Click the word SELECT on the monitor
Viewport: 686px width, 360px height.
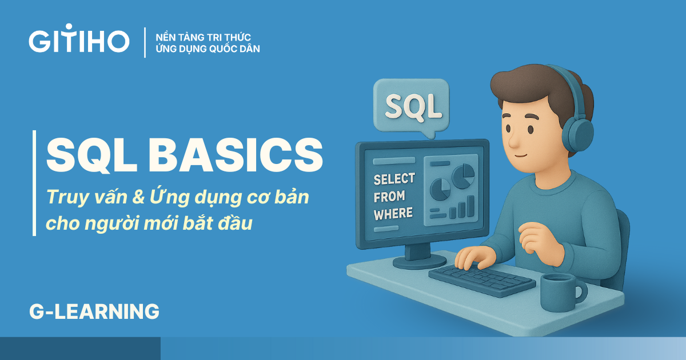tap(394, 180)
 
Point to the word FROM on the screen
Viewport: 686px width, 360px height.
tap(389, 197)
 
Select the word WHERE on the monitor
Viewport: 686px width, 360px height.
tap(393, 213)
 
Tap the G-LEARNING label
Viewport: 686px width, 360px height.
tap(94, 311)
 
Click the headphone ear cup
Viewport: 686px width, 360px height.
tap(578, 137)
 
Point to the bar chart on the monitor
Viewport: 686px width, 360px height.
tap(461, 207)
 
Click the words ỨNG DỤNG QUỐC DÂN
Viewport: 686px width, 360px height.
tap(208, 49)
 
